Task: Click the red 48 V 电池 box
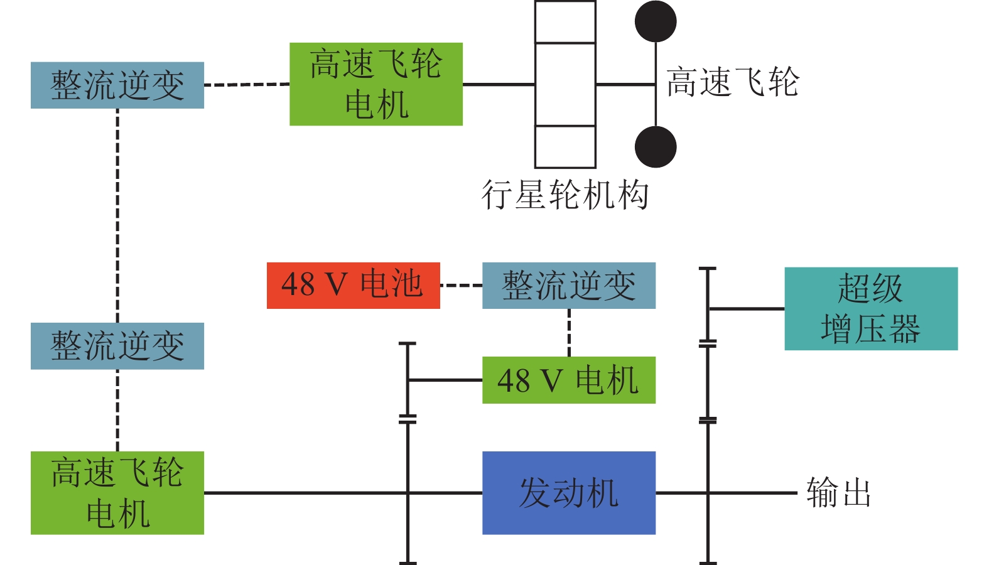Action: [353, 286]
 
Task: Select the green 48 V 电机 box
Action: [568, 380]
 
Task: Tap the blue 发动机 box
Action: [568, 493]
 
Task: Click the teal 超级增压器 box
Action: [871, 309]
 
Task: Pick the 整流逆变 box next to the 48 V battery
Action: [568, 286]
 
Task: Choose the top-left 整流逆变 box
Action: [117, 85]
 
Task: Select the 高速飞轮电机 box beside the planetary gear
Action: [376, 84]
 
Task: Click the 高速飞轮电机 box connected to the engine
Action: [117, 493]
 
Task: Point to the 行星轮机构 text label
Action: [565, 195]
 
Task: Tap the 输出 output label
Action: [838, 492]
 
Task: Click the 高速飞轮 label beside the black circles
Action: [732, 83]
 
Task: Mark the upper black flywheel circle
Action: [656, 21]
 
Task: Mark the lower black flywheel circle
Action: [656, 147]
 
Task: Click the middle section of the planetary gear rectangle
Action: [565, 84]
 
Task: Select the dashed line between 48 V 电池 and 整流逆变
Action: [461, 286]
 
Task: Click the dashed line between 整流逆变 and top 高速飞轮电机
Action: [247, 85]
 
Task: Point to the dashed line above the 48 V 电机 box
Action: [569, 333]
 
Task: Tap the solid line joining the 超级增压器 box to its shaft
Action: [746, 309]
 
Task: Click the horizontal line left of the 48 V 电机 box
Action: [445, 380]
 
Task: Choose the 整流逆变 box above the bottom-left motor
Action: [117, 346]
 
